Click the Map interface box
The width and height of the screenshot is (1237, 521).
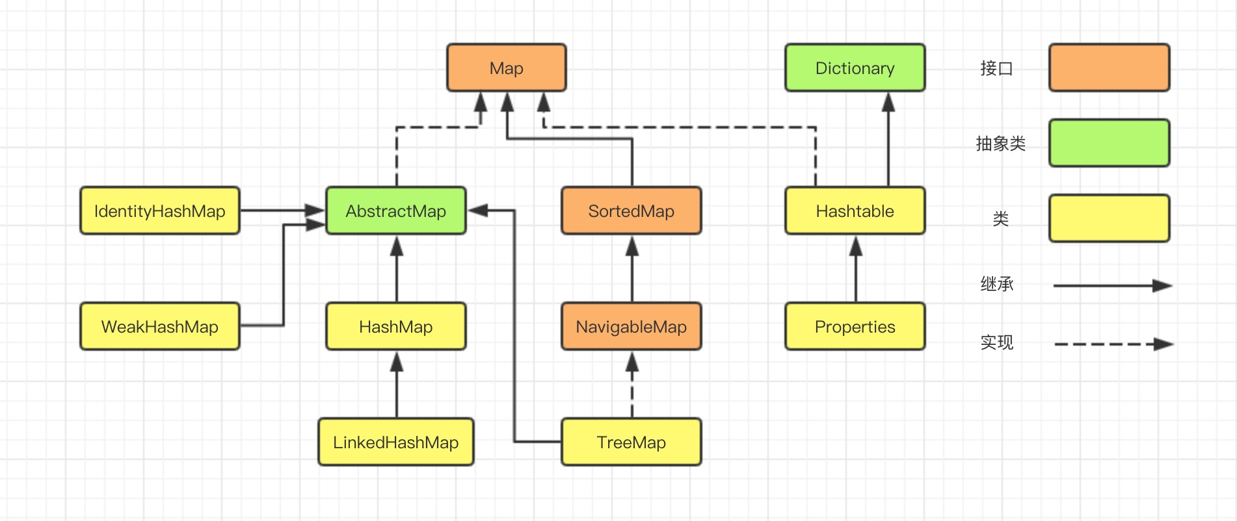pyautogui.click(x=506, y=68)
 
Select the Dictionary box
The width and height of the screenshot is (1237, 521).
pyautogui.click(x=855, y=68)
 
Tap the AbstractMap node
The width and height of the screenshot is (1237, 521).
pyautogui.click(x=395, y=210)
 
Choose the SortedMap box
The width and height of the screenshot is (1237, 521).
pyautogui.click(x=631, y=210)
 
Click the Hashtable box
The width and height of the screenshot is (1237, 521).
pyautogui.click(x=855, y=210)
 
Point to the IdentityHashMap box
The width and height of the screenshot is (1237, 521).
pyautogui.click(x=159, y=210)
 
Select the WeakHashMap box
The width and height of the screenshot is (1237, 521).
pyautogui.click(x=159, y=326)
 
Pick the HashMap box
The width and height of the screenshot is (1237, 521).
pyautogui.click(x=395, y=326)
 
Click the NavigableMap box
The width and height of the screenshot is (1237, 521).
pyautogui.click(x=631, y=326)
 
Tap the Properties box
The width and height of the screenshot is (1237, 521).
pyautogui.click(x=855, y=326)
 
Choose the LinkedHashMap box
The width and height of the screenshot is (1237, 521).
pyautogui.click(x=395, y=442)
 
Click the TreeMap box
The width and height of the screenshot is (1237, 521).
pyautogui.click(x=631, y=442)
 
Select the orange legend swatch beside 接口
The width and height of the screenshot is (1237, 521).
pyautogui.click(x=1109, y=68)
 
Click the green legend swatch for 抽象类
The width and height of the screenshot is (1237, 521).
pyautogui.click(x=1109, y=143)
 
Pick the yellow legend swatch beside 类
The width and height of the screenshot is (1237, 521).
pyautogui.click(x=1109, y=218)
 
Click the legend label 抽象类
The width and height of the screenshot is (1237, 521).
pyautogui.click(x=1000, y=144)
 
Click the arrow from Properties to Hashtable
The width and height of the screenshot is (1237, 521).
pyautogui.click(x=856, y=269)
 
